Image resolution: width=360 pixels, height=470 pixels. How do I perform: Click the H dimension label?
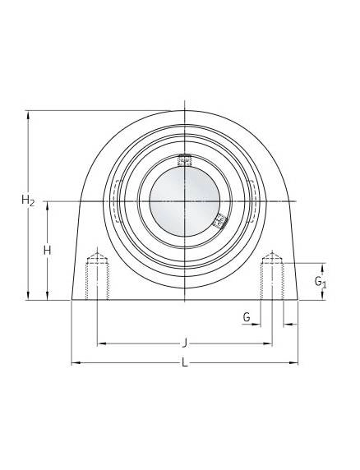(x=47, y=250)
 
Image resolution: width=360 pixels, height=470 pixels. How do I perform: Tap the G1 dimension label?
(x=320, y=282)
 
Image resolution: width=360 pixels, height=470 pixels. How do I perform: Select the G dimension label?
(x=247, y=317)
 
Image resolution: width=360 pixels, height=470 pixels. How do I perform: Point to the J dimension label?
(x=185, y=343)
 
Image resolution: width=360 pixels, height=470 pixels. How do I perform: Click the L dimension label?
(x=185, y=362)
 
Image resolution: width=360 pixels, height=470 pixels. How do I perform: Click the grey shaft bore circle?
(x=185, y=201)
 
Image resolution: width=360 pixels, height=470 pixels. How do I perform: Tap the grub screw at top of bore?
(x=185, y=160)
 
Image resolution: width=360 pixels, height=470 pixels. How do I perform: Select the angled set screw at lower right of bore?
(x=220, y=221)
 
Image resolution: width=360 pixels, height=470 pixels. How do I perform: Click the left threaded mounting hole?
(x=97, y=276)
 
